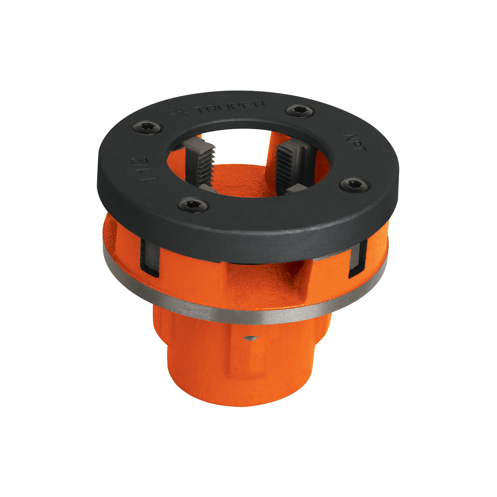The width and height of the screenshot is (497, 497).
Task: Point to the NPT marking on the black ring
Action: click(x=354, y=142)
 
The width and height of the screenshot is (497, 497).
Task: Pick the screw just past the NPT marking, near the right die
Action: click(x=354, y=185)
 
